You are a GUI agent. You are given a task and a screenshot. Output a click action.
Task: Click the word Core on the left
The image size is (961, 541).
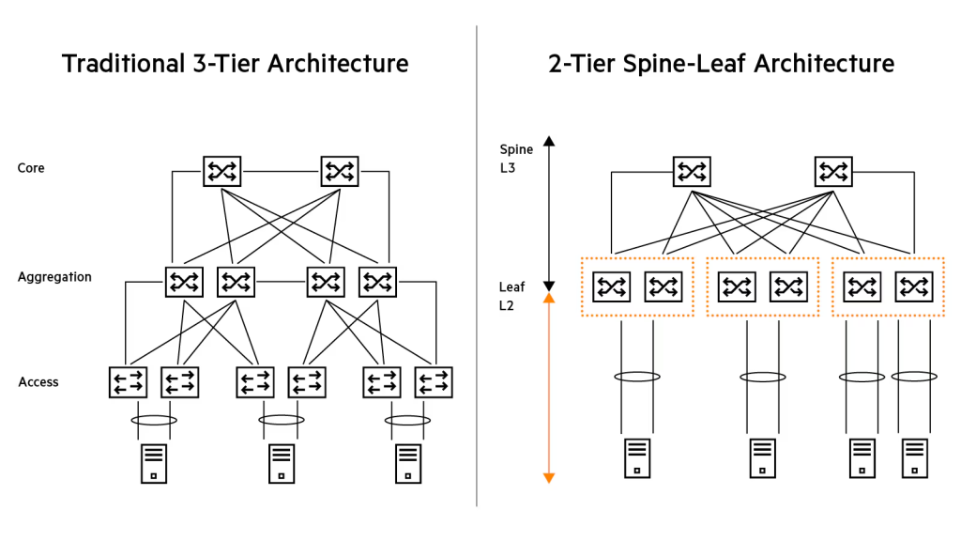(31, 168)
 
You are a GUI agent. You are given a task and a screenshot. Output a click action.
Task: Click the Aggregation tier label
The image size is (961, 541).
(54, 277)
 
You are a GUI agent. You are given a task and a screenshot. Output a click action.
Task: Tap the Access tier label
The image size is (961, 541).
(38, 382)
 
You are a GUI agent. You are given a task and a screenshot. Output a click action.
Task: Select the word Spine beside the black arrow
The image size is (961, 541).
(516, 149)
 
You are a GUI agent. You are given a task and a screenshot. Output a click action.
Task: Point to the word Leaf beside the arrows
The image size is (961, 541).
(512, 286)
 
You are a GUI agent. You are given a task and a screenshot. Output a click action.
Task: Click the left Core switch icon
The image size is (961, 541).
(222, 171)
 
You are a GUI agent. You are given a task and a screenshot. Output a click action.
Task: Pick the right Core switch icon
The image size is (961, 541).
(340, 171)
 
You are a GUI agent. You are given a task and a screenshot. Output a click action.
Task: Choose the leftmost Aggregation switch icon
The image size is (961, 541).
(184, 281)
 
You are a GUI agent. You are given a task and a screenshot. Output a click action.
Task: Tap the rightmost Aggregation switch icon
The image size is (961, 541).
(377, 281)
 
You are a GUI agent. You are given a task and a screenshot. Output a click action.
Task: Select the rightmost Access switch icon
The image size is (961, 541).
(434, 382)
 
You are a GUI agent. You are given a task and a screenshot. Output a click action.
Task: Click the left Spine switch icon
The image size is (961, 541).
(692, 171)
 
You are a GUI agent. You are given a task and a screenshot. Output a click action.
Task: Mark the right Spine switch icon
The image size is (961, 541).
(832, 171)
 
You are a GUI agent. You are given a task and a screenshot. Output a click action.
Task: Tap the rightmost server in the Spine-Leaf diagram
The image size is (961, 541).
(914, 458)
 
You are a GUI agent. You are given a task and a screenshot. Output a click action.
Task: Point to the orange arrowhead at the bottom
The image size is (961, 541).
(549, 478)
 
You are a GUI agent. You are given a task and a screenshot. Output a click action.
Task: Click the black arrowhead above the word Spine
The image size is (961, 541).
(549, 141)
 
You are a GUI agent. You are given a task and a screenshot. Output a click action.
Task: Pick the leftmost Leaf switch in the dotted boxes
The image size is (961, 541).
(612, 286)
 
